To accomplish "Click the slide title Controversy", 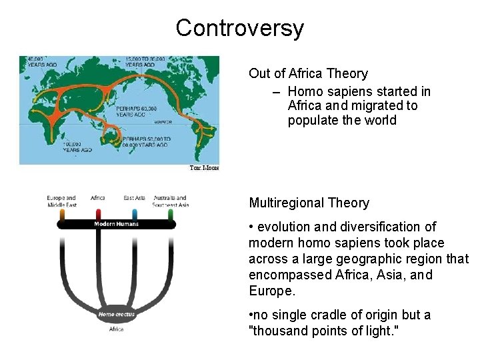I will (239, 28).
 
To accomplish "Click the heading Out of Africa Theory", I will (308, 73).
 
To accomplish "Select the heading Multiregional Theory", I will (309, 203).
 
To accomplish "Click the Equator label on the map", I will (163, 121).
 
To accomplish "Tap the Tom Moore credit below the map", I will (204, 169).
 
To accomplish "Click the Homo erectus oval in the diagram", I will (117, 313).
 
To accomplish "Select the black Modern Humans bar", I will (116, 224).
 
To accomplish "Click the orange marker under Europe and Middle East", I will (62, 214).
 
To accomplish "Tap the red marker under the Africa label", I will (98, 214).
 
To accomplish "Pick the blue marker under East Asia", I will (135, 214).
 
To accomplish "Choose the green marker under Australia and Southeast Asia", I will (171, 214).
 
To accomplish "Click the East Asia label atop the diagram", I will (135, 198).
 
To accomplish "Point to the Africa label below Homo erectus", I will (117, 329).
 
